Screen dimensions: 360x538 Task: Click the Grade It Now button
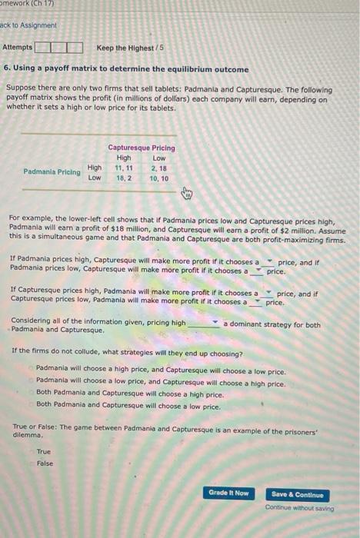[x=228, y=493]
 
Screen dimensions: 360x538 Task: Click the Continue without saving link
[x=300, y=508]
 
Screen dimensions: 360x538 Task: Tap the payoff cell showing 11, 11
[x=124, y=168]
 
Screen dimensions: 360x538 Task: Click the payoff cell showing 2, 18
[x=159, y=168]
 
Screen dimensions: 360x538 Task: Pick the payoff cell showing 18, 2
[x=124, y=178]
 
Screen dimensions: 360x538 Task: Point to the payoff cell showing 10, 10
[x=159, y=178]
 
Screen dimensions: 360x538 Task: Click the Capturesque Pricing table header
[x=142, y=148]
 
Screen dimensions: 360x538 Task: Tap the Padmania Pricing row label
[x=52, y=172]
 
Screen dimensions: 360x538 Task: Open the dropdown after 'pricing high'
[x=203, y=324]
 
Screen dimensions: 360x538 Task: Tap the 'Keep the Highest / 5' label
[x=125, y=48]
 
